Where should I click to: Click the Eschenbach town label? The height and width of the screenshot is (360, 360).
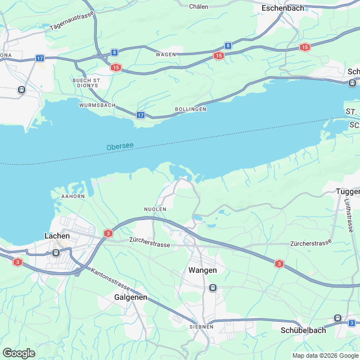(282, 8)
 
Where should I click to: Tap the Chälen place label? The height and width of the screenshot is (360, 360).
(199, 6)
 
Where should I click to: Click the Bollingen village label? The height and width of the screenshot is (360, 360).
(190, 109)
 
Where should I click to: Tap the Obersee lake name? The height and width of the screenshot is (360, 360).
(120, 147)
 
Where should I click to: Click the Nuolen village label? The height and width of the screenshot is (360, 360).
(155, 209)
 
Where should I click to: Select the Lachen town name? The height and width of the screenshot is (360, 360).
(57, 236)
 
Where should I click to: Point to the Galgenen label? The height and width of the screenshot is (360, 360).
(130, 296)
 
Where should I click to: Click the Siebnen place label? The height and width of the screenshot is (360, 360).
(201, 326)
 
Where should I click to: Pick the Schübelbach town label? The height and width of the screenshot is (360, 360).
(303, 331)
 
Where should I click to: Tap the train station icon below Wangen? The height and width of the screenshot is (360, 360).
(213, 288)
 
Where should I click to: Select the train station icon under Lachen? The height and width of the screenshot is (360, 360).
(56, 253)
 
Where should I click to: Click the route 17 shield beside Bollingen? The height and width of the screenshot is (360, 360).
(141, 115)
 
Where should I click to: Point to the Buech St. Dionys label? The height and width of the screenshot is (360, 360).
(87, 84)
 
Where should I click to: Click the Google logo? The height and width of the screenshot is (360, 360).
(19, 353)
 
